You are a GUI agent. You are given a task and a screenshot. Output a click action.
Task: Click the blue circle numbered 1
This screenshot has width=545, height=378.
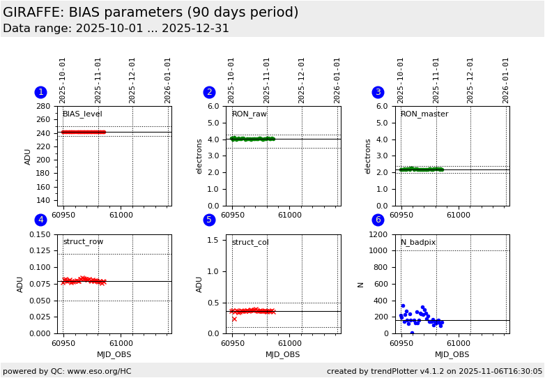[x=40, y=92]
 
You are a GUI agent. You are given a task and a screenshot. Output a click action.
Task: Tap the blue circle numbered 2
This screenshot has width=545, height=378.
[x=209, y=92]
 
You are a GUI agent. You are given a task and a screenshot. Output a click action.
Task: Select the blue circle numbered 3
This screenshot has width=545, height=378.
[x=378, y=92]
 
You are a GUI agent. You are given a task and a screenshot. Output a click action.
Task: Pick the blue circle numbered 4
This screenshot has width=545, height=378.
[x=40, y=220]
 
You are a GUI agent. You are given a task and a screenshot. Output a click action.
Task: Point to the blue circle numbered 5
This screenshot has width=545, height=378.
[x=209, y=220]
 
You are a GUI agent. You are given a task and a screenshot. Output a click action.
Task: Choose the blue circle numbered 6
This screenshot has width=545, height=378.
[x=378, y=220]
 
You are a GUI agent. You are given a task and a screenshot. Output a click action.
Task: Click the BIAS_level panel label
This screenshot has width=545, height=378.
[x=82, y=114]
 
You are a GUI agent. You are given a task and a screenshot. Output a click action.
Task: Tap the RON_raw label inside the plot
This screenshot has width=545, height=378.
[x=249, y=114]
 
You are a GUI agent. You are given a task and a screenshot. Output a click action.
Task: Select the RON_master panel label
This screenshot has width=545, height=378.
[x=424, y=114]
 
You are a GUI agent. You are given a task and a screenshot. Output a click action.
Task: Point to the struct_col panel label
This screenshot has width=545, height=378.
[x=250, y=243]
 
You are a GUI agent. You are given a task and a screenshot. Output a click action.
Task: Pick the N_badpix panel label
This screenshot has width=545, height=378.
[x=417, y=243]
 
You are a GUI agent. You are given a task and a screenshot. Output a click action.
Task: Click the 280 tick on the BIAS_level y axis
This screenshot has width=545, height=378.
[x=43, y=107]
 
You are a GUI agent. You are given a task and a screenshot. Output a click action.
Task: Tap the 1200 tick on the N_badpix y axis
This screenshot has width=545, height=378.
[x=378, y=234]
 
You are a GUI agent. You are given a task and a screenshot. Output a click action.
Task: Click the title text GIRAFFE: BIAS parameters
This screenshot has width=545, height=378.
[x=151, y=13]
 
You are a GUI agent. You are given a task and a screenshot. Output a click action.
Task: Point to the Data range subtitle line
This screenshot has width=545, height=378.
[x=116, y=29]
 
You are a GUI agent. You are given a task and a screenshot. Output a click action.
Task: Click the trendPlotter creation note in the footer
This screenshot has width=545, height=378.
[x=434, y=371]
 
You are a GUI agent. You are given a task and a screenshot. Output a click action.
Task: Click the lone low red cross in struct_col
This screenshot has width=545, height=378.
[x=234, y=319]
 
